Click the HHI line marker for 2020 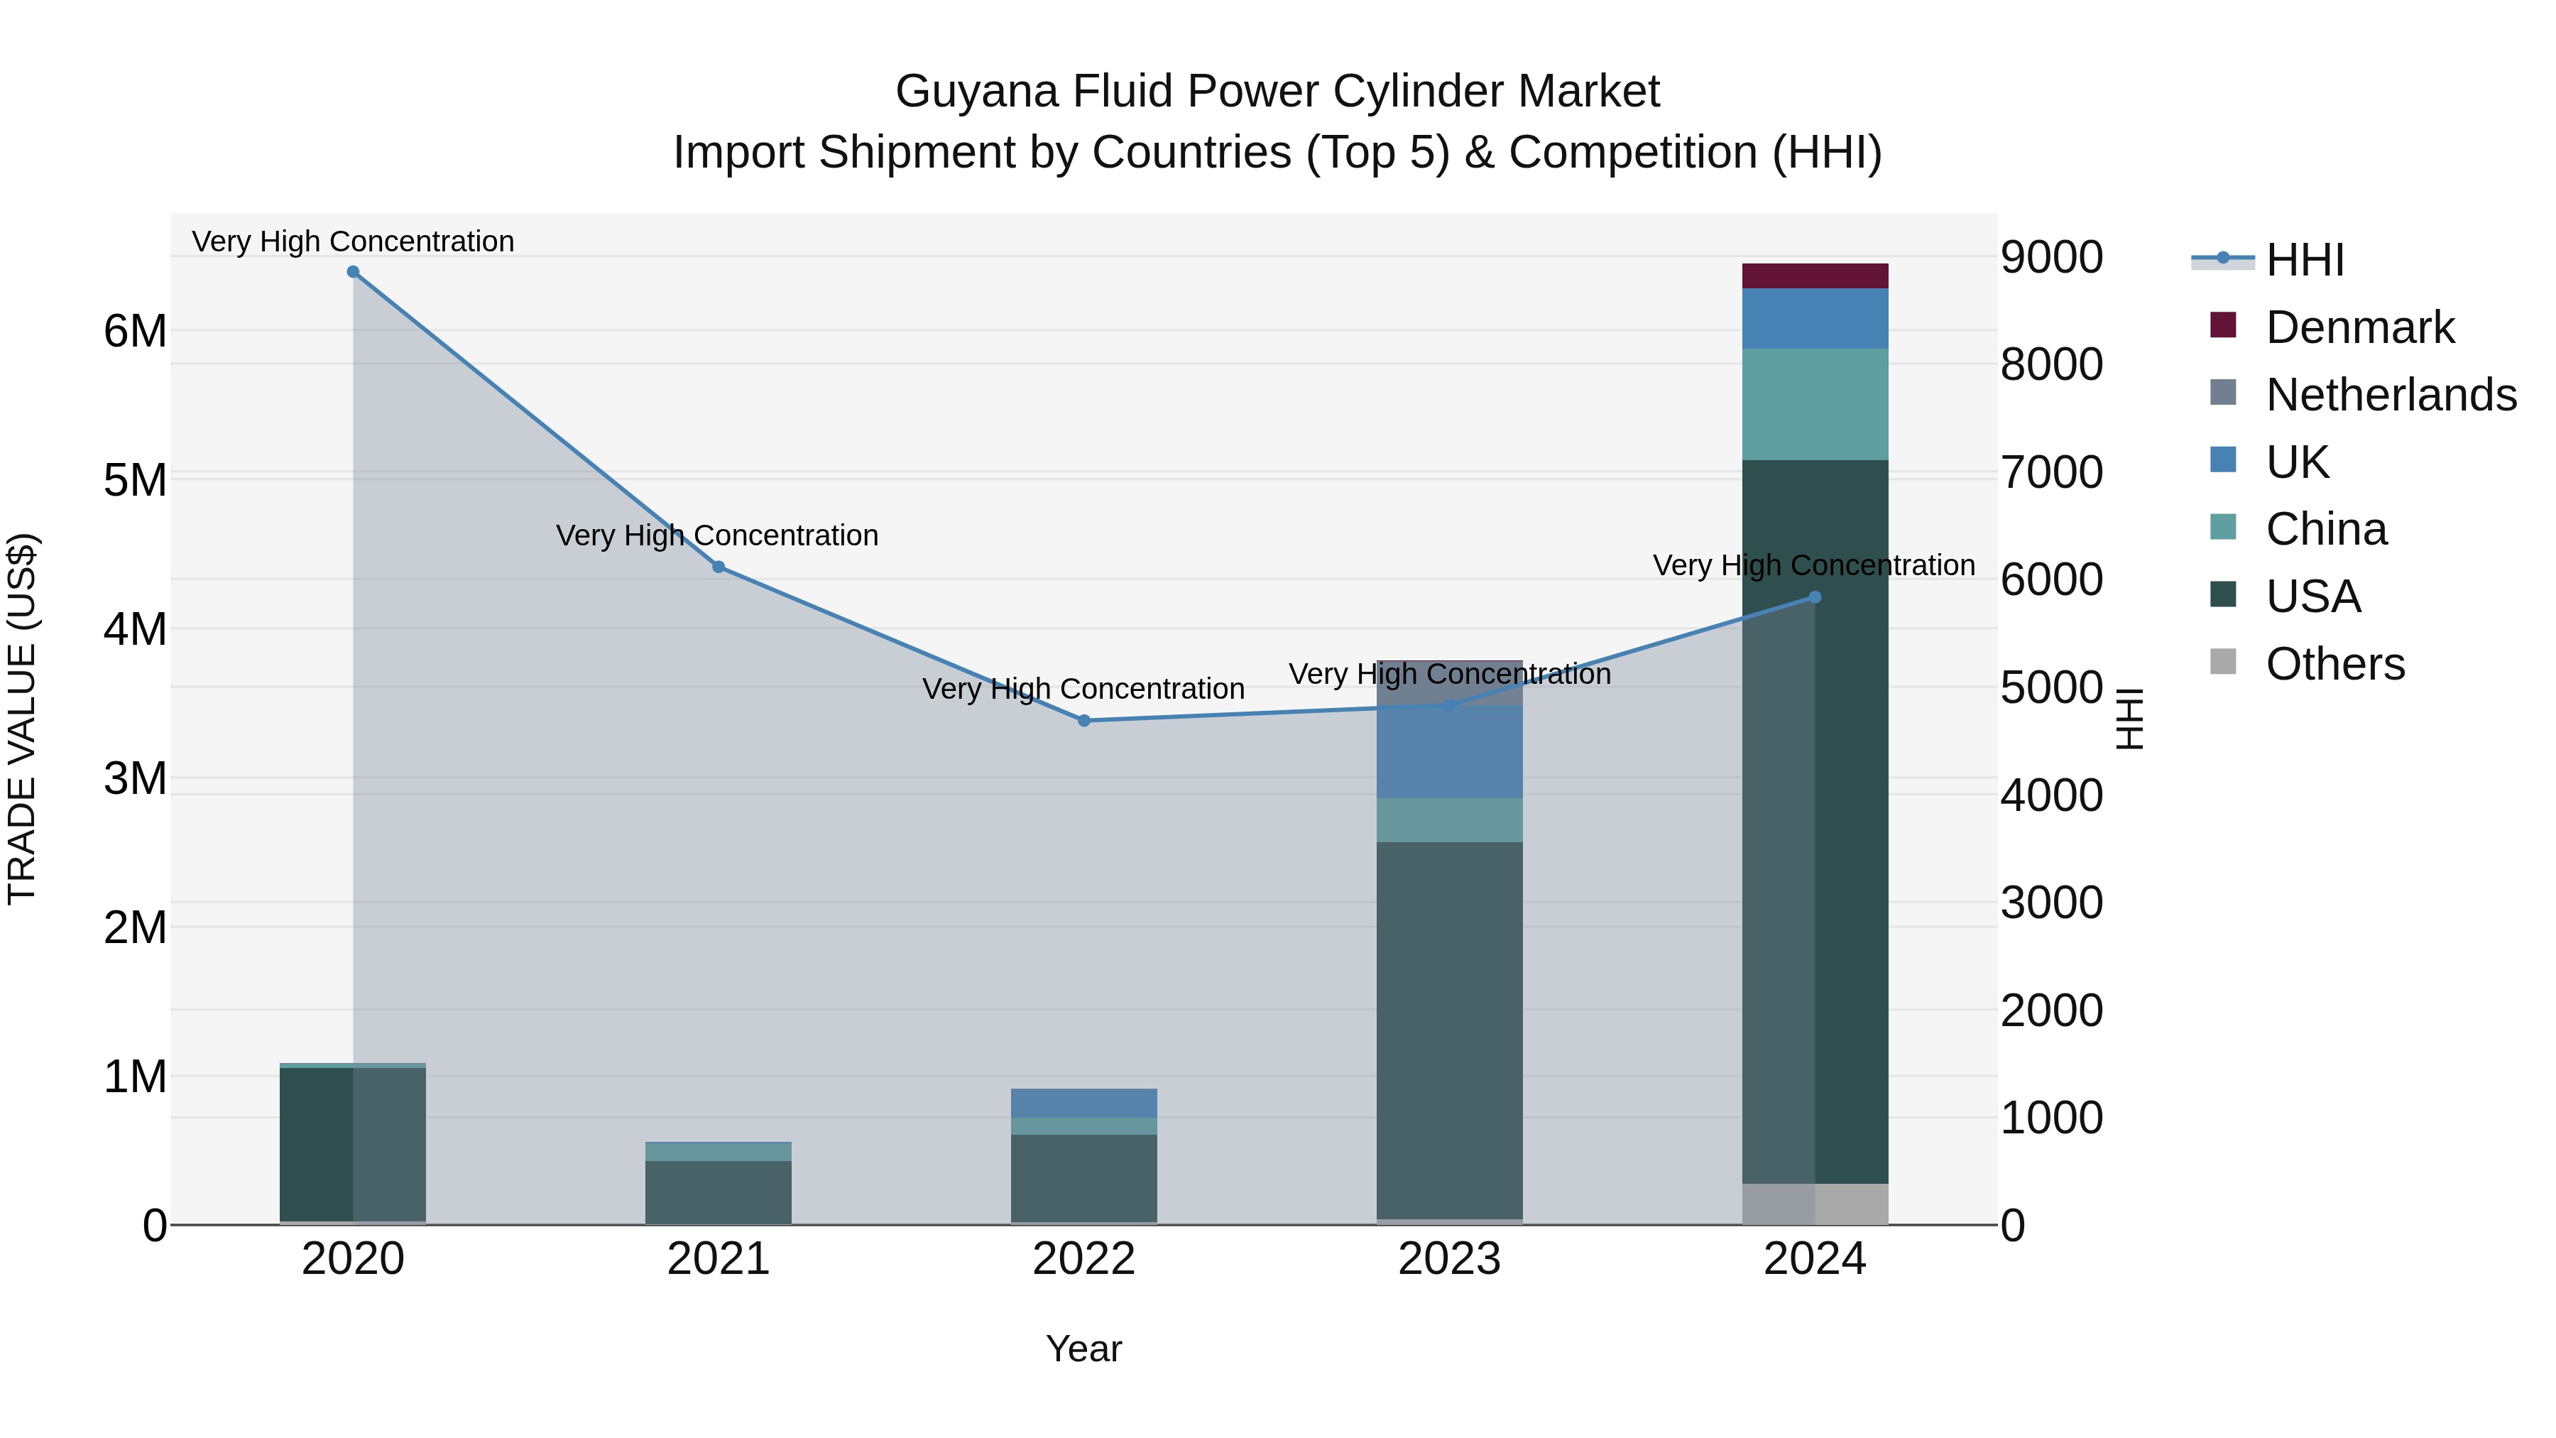coord(354,272)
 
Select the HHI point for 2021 coord(719,567)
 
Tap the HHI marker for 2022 coord(1083,721)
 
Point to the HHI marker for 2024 coord(1815,597)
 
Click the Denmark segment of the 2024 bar coord(1815,276)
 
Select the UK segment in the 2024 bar coord(1815,319)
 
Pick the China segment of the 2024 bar coord(1815,404)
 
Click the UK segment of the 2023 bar coord(1450,751)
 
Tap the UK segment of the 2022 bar coord(1083,1103)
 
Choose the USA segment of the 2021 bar coord(719,1192)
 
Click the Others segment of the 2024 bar coord(1815,1204)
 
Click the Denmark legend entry coord(2359,327)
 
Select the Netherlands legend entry coord(2391,395)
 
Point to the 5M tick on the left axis coord(135,480)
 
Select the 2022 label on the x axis coord(1083,1259)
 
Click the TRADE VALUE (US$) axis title coord(22,719)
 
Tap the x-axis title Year coord(1083,1349)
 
